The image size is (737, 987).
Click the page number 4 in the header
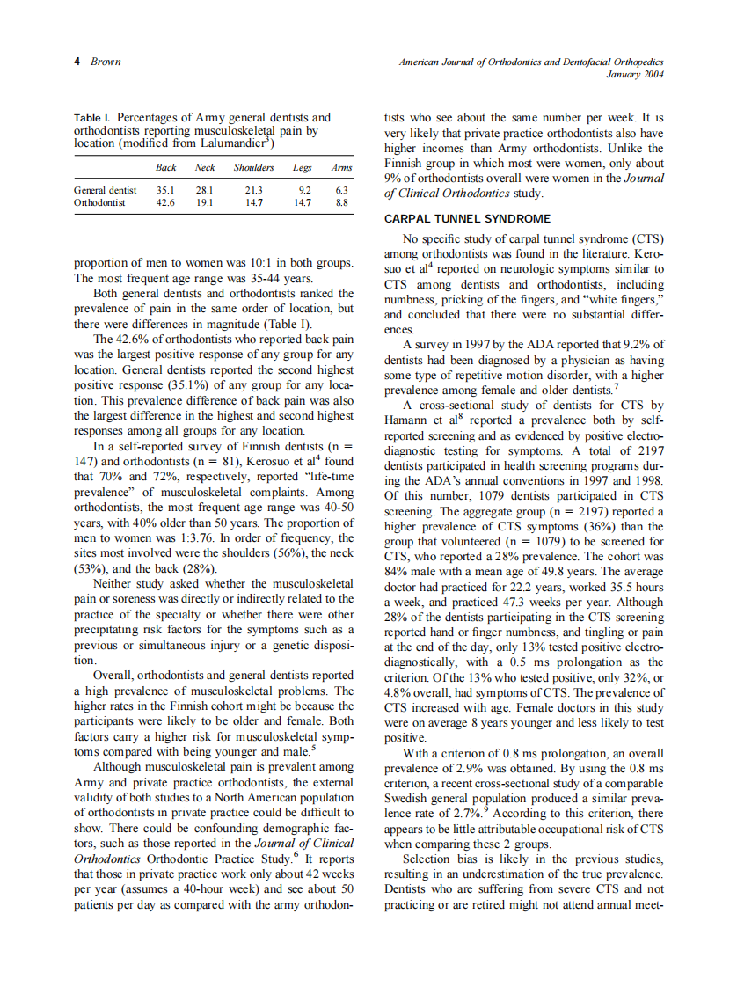coord(77,62)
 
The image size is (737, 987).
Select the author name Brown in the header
coord(106,62)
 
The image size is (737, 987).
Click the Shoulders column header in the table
coord(253,167)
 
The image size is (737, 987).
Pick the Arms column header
coord(340,167)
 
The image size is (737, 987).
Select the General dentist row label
coord(106,189)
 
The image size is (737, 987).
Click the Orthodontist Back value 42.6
coord(164,201)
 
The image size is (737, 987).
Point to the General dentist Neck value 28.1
coord(205,189)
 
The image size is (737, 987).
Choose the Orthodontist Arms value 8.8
coord(342,201)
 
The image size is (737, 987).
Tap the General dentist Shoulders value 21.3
coord(253,189)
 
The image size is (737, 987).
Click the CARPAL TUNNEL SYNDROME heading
coord(468,219)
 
